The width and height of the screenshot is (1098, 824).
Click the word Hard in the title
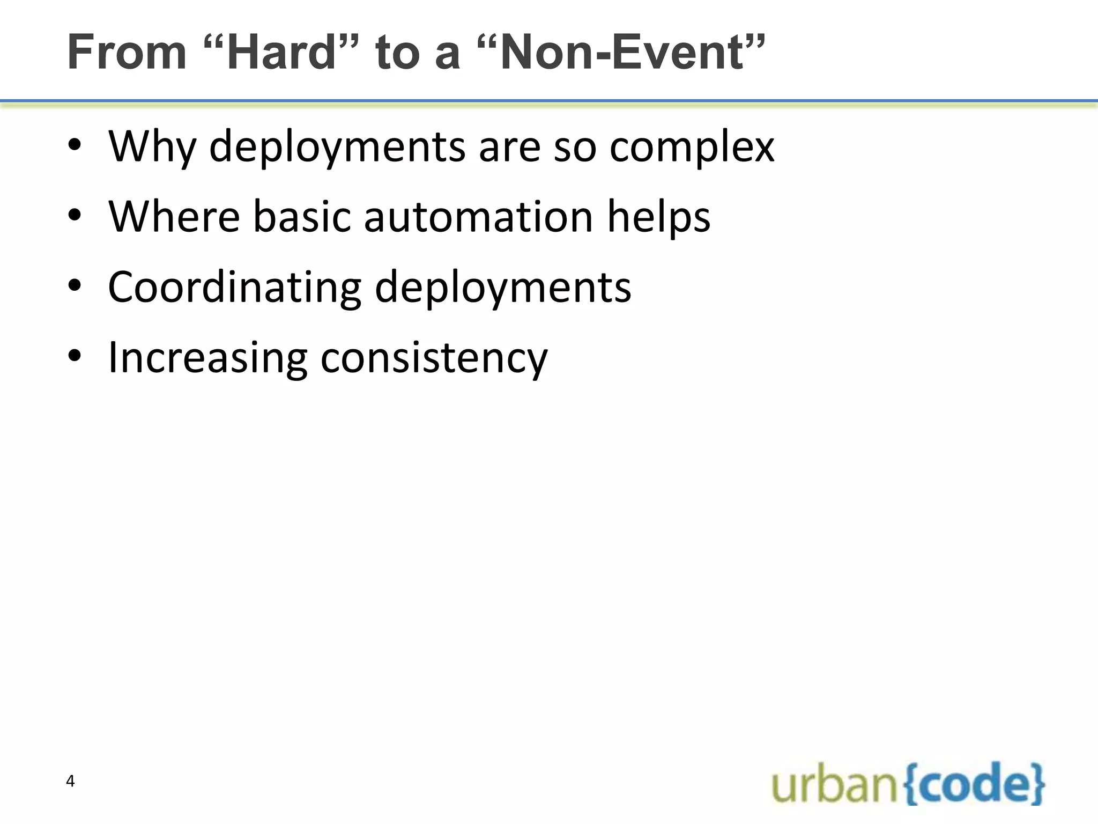[x=281, y=52]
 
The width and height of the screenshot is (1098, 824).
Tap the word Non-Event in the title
[x=622, y=52]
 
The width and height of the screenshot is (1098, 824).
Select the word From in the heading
[x=127, y=52]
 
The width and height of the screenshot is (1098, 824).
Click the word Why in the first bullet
[x=152, y=146]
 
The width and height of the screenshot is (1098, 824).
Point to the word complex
[x=692, y=146]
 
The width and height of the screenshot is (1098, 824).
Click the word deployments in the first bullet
[x=337, y=146]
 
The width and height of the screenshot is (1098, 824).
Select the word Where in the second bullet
[x=174, y=216]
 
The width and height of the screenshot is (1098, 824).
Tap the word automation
[x=478, y=216]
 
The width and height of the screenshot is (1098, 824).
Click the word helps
[x=658, y=216]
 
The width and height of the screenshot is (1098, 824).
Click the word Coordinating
[x=235, y=287]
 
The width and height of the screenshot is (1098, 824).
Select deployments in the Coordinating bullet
[x=503, y=287]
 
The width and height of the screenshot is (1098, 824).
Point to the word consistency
[x=434, y=358]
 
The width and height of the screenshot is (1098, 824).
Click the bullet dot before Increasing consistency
[x=75, y=355]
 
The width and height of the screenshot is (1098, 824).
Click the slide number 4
[x=70, y=781]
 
